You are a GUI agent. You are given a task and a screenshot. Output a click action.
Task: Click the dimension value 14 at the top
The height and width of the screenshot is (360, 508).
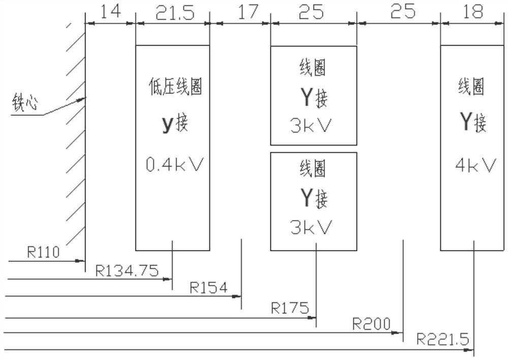(110, 11)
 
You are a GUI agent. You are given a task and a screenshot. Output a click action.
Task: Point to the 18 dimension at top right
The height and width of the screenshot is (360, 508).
(473, 12)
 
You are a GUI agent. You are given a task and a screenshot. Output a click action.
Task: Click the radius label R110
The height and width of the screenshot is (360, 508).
(44, 251)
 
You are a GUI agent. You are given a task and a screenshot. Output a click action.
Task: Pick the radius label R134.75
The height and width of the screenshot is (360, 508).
(126, 270)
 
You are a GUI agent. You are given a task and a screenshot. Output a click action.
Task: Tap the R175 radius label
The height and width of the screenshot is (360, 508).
(290, 307)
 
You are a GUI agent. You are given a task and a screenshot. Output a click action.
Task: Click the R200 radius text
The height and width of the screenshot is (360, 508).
(371, 323)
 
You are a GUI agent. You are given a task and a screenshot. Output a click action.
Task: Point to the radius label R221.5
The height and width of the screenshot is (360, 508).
(443, 339)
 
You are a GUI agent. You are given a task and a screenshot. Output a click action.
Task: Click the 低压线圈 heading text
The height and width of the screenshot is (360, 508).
(175, 87)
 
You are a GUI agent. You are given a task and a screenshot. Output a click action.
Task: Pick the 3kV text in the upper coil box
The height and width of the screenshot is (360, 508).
(310, 125)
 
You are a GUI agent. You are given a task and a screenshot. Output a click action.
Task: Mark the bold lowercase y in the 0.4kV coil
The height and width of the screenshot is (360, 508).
(168, 124)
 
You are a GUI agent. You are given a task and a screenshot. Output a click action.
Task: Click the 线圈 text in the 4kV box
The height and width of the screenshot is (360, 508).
(471, 87)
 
